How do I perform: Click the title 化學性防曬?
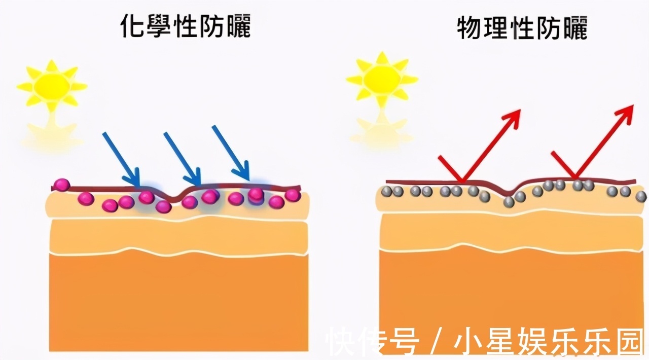(x=186, y=26)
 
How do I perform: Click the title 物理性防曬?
(x=522, y=28)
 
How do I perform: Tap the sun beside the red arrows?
(x=382, y=79)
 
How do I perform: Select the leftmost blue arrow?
(x=122, y=159)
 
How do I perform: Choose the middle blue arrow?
(x=183, y=159)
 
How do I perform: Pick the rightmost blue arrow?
(x=231, y=153)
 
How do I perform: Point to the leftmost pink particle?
(x=61, y=185)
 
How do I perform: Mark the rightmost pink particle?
(x=293, y=195)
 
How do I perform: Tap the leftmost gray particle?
(x=386, y=192)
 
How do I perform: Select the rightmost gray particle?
(x=641, y=197)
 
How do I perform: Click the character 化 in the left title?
(x=132, y=26)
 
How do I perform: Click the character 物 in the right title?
(x=470, y=28)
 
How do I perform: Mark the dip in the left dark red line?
(x=174, y=198)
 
